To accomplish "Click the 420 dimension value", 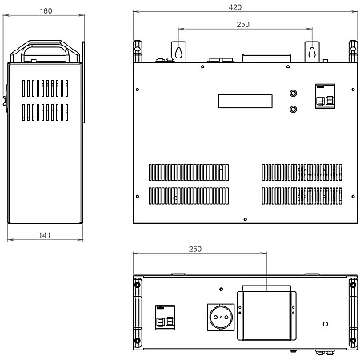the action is coord(235,7).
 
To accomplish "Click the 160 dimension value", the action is coord(46,11).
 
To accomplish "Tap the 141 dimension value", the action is coord(45,235).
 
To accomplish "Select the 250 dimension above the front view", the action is coord(243,25).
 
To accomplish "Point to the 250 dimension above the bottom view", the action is coord(195,249).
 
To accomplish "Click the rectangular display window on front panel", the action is coord(246,101).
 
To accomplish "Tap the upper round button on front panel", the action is coord(294,93).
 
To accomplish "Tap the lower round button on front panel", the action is coord(294,109).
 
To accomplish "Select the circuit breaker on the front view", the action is coord(325,96).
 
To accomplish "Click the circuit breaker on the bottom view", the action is coord(166,318).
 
